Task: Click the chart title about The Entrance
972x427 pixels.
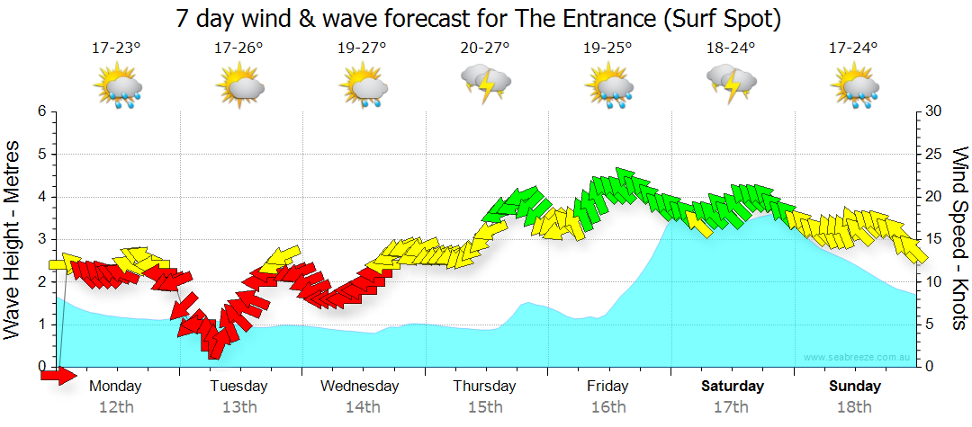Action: (478, 18)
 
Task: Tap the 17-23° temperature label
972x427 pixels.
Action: (116, 48)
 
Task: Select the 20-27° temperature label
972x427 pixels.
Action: (485, 48)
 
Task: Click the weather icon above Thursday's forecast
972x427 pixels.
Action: (486, 86)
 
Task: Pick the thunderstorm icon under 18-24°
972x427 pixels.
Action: (732, 86)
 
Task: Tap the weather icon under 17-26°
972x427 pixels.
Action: (239, 88)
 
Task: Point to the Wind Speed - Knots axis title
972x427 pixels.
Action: (958, 239)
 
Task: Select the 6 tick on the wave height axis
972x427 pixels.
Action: (41, 111)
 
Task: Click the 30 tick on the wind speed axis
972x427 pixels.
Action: (933, 111)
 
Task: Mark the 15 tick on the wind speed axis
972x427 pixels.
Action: (933, 239)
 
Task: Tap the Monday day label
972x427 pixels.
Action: (116, 387)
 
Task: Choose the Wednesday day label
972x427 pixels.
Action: (360, 387)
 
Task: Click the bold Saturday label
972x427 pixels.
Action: (732, 387)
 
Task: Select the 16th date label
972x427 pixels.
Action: (608, 407)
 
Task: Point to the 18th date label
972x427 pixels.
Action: (854, 407)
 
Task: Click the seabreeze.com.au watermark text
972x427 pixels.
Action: (859, 358)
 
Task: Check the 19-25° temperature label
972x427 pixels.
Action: (608, 48)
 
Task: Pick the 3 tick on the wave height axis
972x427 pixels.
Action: (41, 239)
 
